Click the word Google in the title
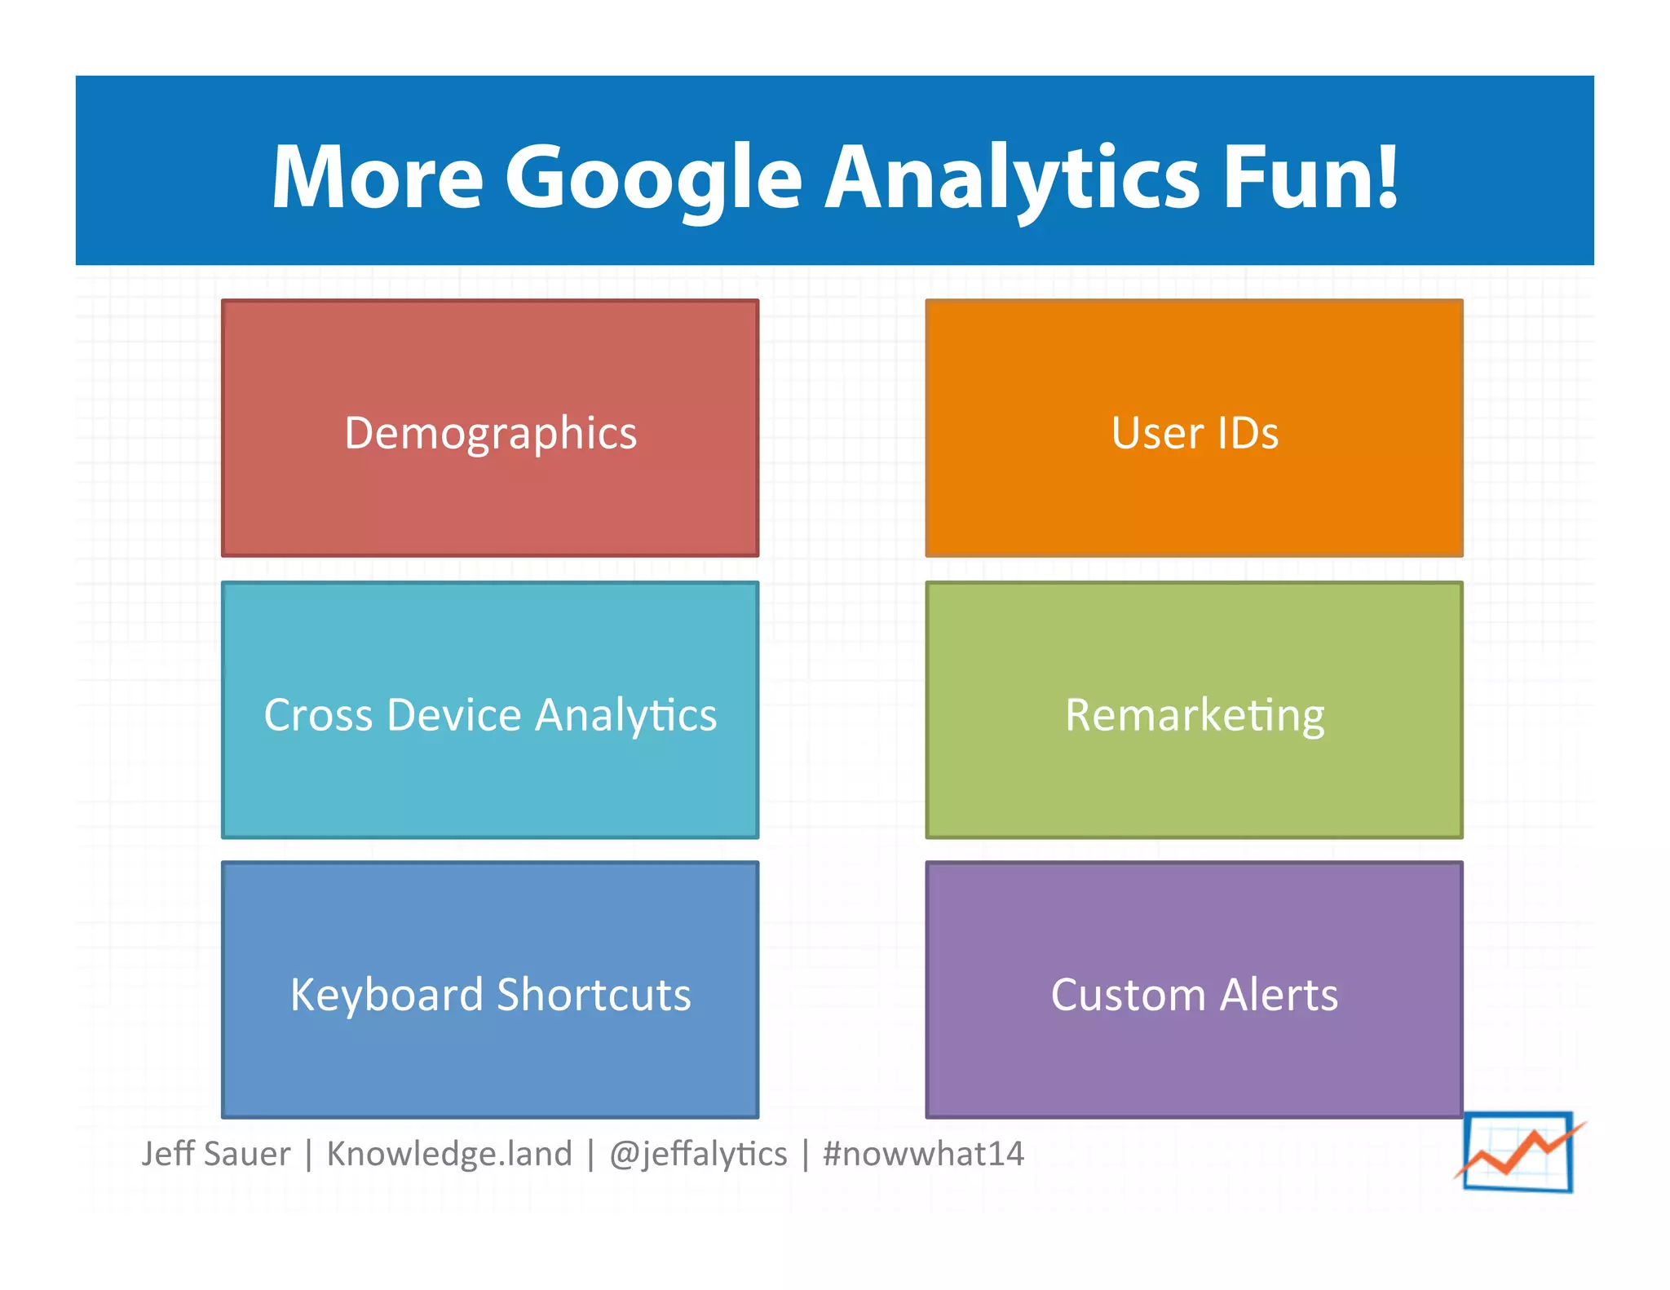[652, 178]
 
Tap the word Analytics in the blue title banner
[1011, 178]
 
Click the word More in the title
[378, 178]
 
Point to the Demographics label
[490, 433]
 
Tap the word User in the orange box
[1157, 433]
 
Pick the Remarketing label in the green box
[1195, 715]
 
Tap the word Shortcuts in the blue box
[594, 995]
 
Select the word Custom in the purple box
[1127, 995]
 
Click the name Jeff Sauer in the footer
[216, 1154]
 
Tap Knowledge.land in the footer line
[449, 1154]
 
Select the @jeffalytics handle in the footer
[698, 1154]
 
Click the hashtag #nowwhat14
[923, 1154]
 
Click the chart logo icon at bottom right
[1518, 1151]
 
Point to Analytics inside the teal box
[625, 715]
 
